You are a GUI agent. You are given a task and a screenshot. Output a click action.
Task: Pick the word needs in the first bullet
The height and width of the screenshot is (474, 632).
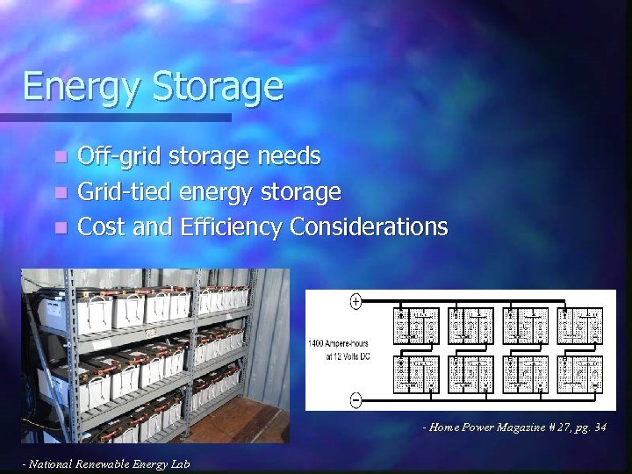[x=290, y=157]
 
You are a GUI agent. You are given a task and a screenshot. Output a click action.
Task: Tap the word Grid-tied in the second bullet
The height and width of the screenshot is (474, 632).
[x=125, y=192]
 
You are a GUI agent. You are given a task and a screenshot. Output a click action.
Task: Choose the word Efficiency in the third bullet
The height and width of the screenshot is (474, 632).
[x=231, y=227]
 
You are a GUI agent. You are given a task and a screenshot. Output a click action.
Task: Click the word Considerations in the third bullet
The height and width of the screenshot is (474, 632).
[x=368, y=227]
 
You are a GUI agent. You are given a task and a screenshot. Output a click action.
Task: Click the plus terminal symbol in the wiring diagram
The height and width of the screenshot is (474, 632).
[x=356, y=302]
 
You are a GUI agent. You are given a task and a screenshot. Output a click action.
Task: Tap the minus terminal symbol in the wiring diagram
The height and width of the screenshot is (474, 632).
[x=356, y=400]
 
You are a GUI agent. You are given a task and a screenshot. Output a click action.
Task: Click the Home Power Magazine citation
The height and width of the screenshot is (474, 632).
[x=513, y=427]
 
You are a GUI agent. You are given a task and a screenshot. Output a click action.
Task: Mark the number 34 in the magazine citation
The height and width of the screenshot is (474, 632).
[x=600, y=427]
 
